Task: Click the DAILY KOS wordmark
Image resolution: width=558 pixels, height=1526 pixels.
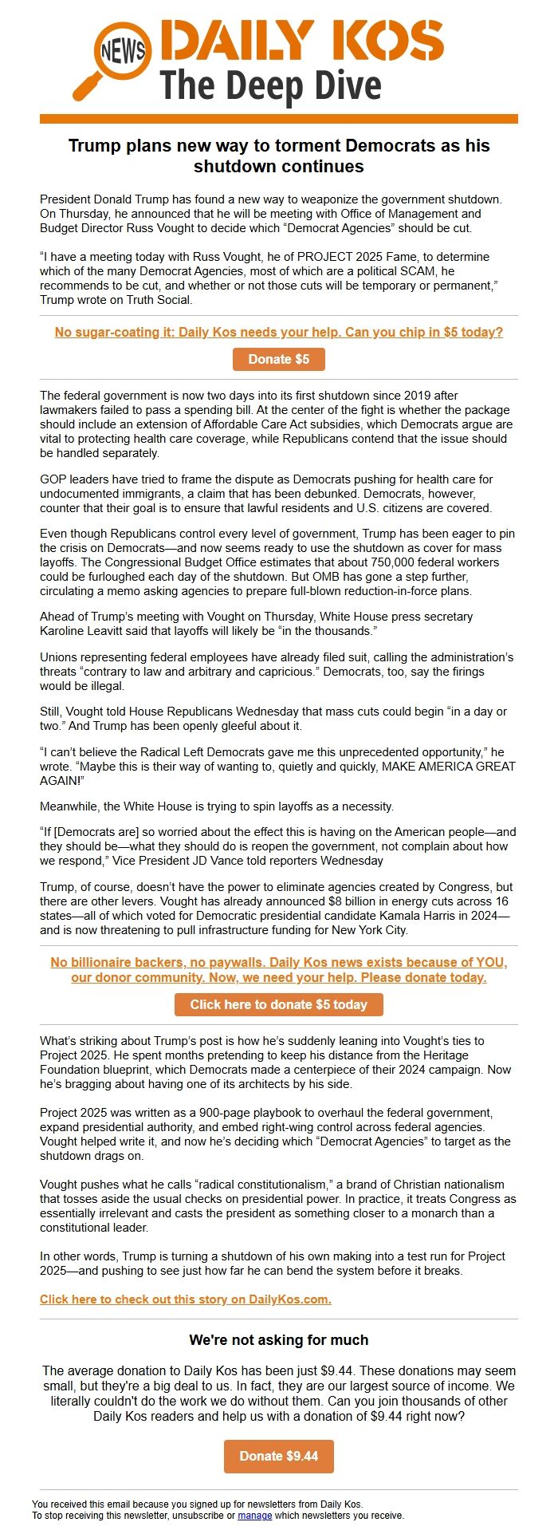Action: (x=301, y=40)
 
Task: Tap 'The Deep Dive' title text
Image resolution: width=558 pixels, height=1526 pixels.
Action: (x=271, y=85)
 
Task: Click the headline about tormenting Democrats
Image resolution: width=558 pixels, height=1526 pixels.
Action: (x=279, y=156)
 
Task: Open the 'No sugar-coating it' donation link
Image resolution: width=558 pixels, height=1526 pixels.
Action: (x=279, y=332)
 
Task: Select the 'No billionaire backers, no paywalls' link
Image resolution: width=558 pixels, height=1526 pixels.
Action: (x=279, y=969)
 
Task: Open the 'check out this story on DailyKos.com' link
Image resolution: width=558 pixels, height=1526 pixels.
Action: (x=186, y=1299)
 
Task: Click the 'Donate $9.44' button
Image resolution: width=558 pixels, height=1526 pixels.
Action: (x=279, y=1456)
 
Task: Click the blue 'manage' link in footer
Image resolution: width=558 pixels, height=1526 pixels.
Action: (x=254, y=1515)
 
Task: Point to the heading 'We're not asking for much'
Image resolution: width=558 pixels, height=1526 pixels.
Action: (x=279, y=1339)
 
